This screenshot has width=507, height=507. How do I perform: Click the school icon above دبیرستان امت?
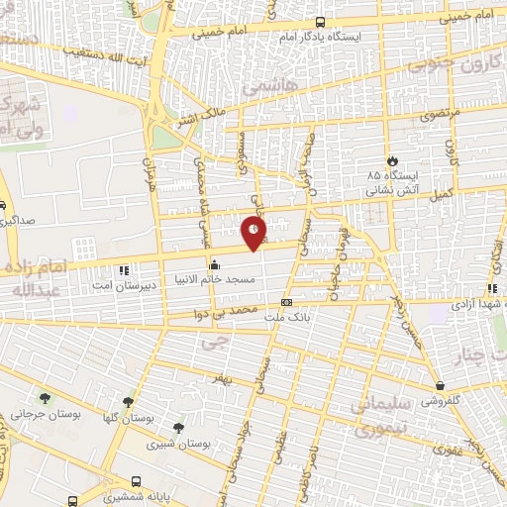124,269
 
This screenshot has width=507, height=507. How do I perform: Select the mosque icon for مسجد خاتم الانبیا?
214,264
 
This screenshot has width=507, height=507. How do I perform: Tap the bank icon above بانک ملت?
286,302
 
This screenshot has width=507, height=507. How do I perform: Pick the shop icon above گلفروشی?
440,385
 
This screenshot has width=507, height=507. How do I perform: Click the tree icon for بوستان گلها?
128,401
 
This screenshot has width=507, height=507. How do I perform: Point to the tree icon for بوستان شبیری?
177,427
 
